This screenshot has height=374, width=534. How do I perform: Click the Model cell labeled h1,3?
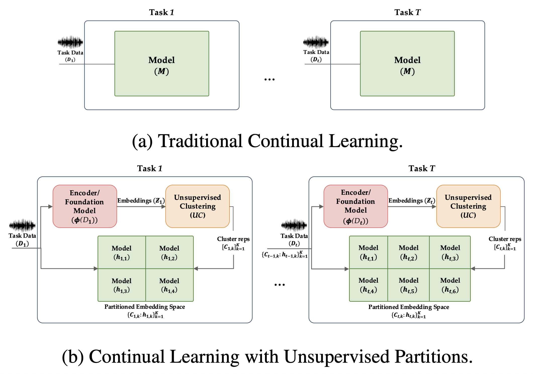click(122, 285)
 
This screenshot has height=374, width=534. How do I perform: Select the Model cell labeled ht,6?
click(450, 285)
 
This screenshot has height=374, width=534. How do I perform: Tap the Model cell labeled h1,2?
click(169, 252)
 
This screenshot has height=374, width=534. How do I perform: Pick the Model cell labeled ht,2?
click(409, 252)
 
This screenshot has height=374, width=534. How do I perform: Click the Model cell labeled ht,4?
click(368, 285)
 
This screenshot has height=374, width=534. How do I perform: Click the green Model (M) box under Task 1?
click(162, 64)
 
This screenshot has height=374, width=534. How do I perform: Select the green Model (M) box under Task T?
click(407, 64)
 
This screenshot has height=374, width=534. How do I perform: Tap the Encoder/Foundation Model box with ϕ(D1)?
click(85, 206)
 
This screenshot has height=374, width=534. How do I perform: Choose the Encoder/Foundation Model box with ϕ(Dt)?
click(355, 206)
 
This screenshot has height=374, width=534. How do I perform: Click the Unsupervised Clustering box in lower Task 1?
click(197, 206)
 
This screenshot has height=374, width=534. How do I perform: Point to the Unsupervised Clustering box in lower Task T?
click(468, 206)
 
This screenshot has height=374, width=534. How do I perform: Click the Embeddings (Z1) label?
click(141, 201)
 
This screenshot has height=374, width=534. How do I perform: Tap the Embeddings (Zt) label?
click(412, 201)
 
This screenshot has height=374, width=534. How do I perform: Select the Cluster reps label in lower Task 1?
click(233, 239)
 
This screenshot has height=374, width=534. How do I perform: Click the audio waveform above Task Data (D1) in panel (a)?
click(70, 42)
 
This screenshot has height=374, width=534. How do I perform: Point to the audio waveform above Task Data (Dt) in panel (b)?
click(294, 225)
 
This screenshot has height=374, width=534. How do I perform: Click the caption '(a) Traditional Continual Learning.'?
click(267, 141)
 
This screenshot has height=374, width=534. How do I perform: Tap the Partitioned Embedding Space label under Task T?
click(409, 307)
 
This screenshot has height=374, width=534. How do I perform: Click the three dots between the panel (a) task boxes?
click(269, 80)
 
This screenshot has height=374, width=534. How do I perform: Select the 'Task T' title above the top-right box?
click(407, 12)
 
